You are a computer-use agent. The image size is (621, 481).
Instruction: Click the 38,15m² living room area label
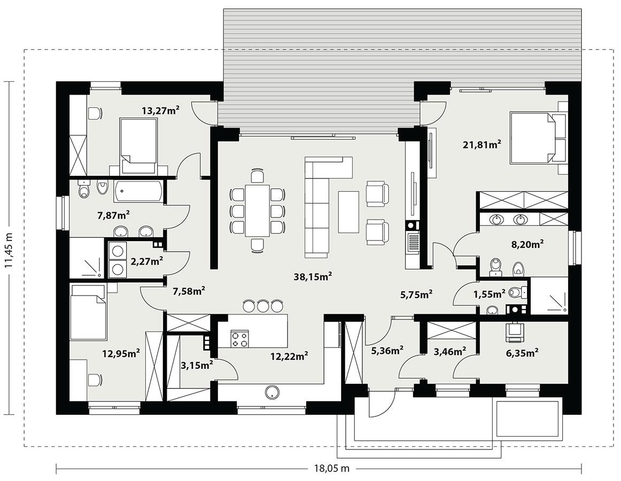click(313, 276)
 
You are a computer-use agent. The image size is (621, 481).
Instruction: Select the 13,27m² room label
click(160, 111)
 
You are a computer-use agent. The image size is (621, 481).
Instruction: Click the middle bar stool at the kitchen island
click(262, 306)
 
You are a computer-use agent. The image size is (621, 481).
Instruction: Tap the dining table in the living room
click(257, 210)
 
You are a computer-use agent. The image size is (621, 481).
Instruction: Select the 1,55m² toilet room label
click(490, 294)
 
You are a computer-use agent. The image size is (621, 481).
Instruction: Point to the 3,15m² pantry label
click(197, 365)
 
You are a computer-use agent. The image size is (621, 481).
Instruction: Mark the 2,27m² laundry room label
click(146, 261)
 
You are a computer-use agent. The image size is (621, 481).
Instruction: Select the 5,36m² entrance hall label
click(387, 351)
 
